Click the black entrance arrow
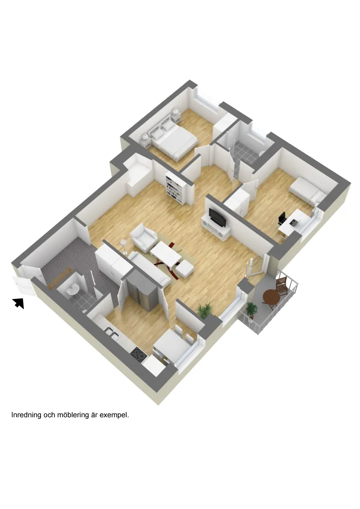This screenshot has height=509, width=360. click(19, 303)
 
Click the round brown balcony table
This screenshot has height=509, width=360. click(271, 297)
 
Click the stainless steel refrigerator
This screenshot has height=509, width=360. click(141, 292)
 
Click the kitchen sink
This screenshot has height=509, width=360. click(112, 332)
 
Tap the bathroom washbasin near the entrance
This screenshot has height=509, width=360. click(72, 289)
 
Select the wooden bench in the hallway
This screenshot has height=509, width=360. click(59, 277)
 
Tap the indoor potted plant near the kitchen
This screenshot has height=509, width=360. click(204, 310)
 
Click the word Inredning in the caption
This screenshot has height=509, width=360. click(26, 415)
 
